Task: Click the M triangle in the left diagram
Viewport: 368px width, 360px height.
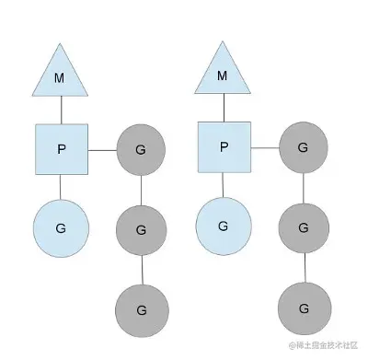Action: coord(61,74)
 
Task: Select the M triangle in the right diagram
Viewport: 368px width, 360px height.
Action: coord(222,74)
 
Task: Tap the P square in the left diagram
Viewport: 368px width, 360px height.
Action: coord(62,149)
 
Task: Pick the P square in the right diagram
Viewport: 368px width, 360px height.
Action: coord(224,147)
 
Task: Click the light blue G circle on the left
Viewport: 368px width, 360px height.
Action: coord(61,226)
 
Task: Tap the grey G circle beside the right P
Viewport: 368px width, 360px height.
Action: coord(304,147)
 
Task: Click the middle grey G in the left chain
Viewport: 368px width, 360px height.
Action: coord(141,226)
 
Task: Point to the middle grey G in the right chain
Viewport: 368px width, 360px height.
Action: coord(304,226)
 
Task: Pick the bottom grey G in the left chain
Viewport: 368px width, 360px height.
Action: coord(141,309)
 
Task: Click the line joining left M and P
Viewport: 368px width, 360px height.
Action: coord(61,110)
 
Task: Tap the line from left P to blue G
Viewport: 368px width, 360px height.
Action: coord(61,186)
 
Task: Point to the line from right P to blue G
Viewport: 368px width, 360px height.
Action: coord(223,186)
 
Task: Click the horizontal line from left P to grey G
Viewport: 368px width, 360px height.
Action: coord(102,148)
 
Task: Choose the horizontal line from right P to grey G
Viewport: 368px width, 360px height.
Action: coord(265,147)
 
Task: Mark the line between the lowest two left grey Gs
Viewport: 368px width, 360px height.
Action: coord(141,267)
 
